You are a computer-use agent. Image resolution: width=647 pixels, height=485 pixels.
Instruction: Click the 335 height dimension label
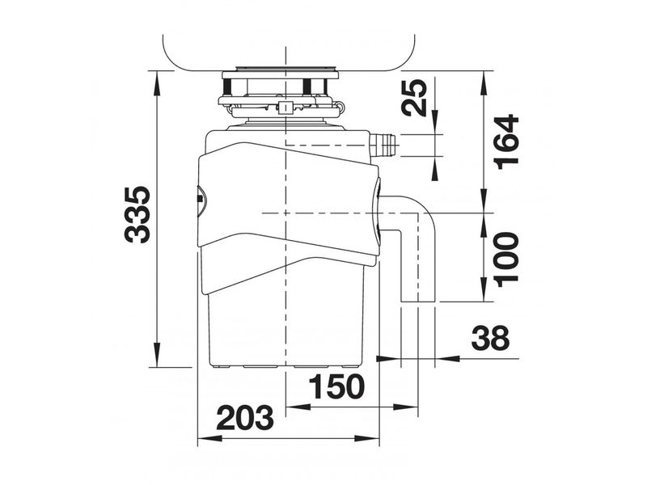(137, 214)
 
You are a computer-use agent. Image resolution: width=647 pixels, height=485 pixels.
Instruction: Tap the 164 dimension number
(506, 142)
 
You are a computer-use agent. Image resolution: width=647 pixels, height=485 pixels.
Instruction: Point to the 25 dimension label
(414, 97)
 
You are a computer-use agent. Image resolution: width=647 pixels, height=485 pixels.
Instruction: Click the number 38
(491, 338)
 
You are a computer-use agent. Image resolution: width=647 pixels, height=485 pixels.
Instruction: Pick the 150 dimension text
(336, 387)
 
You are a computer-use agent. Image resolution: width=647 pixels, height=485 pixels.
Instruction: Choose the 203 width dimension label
(245, 418)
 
